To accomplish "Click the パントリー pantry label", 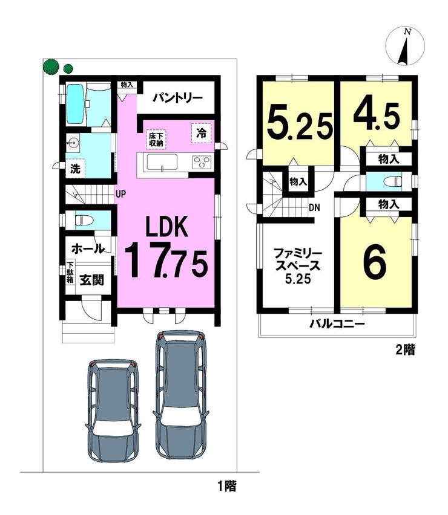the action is tap(177, 97).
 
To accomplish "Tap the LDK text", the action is tap(167, 226).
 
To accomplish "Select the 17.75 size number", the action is tap(166, 260).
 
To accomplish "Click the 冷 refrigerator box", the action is tap(201, 134).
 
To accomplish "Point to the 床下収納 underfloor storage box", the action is tap(156, 140).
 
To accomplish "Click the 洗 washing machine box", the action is tap(75, 169).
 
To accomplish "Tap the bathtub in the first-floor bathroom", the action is tap(76, 103).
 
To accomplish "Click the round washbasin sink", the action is tap(73, 143).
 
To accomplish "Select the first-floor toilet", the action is tap(84, 219).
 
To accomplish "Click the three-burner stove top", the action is tap(202, 163).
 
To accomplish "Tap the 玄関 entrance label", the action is tap(92, 280).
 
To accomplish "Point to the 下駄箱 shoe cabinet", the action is tap(70, 273).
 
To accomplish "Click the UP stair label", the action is tap(120, 194).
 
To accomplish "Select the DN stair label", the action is tap(314, 207).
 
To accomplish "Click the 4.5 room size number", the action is tap(377, 117).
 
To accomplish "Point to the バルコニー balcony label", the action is tap(337, 325).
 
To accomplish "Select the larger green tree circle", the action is tap(51, 66).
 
